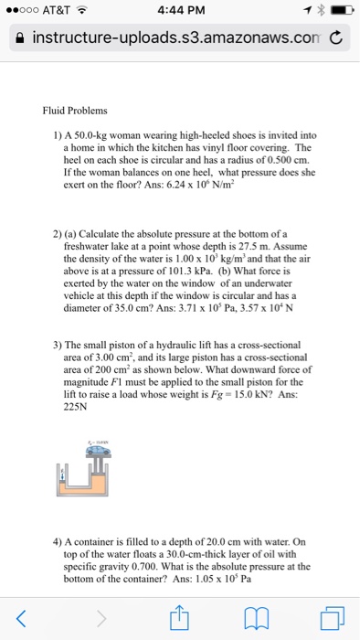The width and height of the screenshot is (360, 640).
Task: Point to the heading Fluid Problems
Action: (x=75, y=111)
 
